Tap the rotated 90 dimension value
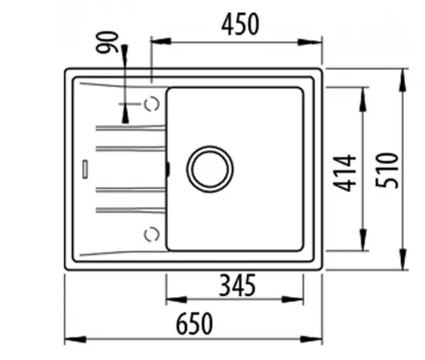(110, 43)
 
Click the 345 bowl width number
(237, 286)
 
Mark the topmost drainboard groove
(129, 125)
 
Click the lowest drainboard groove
(129, 209)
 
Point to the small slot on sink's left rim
(84, 166)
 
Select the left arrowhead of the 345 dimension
(172, 300)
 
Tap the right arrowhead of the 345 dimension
(299, 300)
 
